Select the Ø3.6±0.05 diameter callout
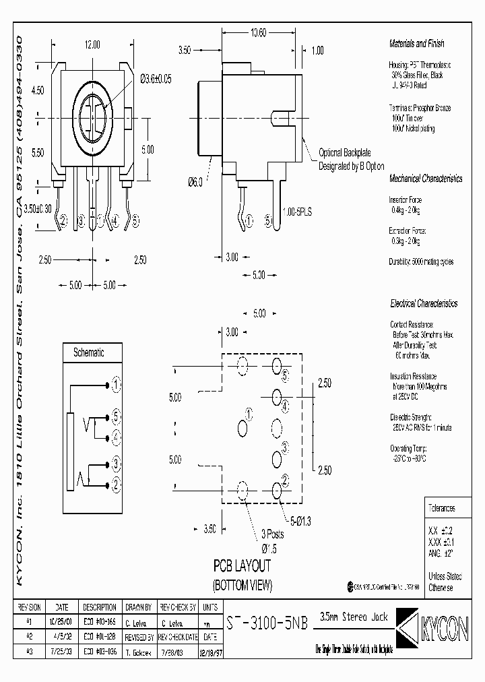click(156, 79)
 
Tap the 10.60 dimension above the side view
click(259, 32)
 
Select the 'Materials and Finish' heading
click(417, 43)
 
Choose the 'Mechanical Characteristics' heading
click(426, 179)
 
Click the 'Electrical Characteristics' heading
click(424, 303)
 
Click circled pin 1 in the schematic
click(117, 385)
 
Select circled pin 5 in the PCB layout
click(285, 375)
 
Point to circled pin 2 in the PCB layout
click(285, 478)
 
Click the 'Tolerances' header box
click(442, 508)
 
